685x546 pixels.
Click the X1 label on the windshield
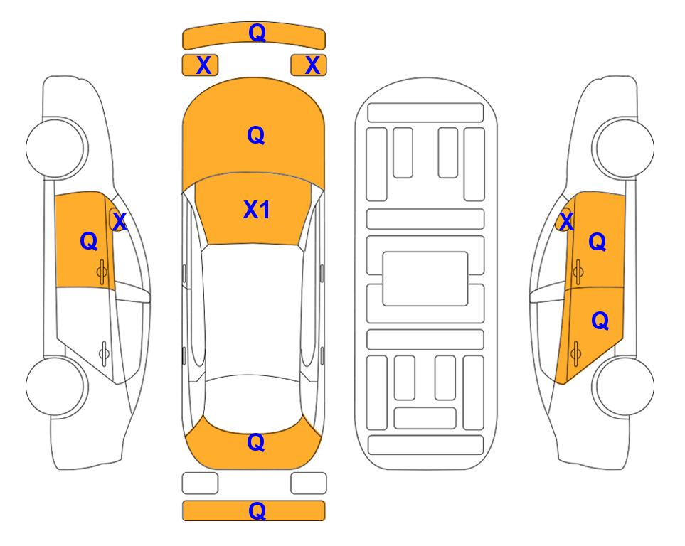pos(257,210)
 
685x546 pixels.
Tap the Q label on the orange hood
pos(256,135)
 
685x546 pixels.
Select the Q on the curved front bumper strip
pos(257,33)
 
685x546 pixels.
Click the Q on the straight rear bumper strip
pos(257,510)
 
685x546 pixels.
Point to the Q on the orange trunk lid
pos(256,442)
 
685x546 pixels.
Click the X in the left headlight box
pos(203,65)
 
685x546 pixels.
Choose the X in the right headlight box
pos(312,65)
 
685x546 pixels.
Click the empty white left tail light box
pos(200,483)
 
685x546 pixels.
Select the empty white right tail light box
pos(309,483)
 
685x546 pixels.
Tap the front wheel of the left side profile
pos(56,148)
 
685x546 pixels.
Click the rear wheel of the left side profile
pos(56,386)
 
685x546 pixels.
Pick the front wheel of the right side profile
pos(624,148)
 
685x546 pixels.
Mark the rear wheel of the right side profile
pos(624,386)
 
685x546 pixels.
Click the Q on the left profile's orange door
pos(89,241)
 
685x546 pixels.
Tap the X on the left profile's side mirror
pos(120,221)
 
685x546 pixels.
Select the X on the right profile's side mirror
pos(566,221)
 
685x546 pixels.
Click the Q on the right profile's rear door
pos(600,321)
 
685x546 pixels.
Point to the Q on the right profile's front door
pos(598,241)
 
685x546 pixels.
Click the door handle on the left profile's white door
pos(105,353)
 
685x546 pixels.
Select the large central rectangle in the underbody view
pos(425,279)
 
